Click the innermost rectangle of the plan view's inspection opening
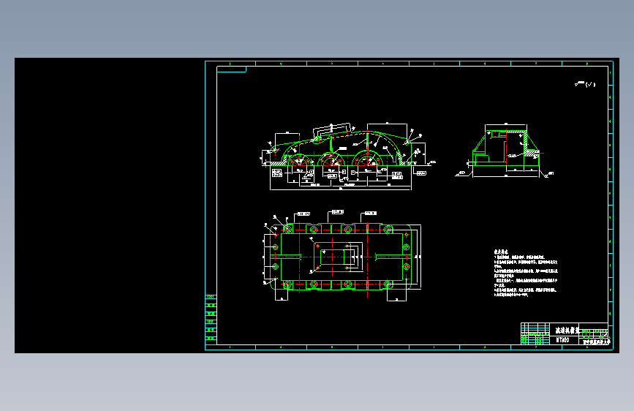pos(336,257)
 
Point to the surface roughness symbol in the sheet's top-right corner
pos(585,85)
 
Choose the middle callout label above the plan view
pos(336,212)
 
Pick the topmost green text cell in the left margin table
pos(211,297)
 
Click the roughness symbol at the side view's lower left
pos(461,173)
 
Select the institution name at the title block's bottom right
pos(595,341)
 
